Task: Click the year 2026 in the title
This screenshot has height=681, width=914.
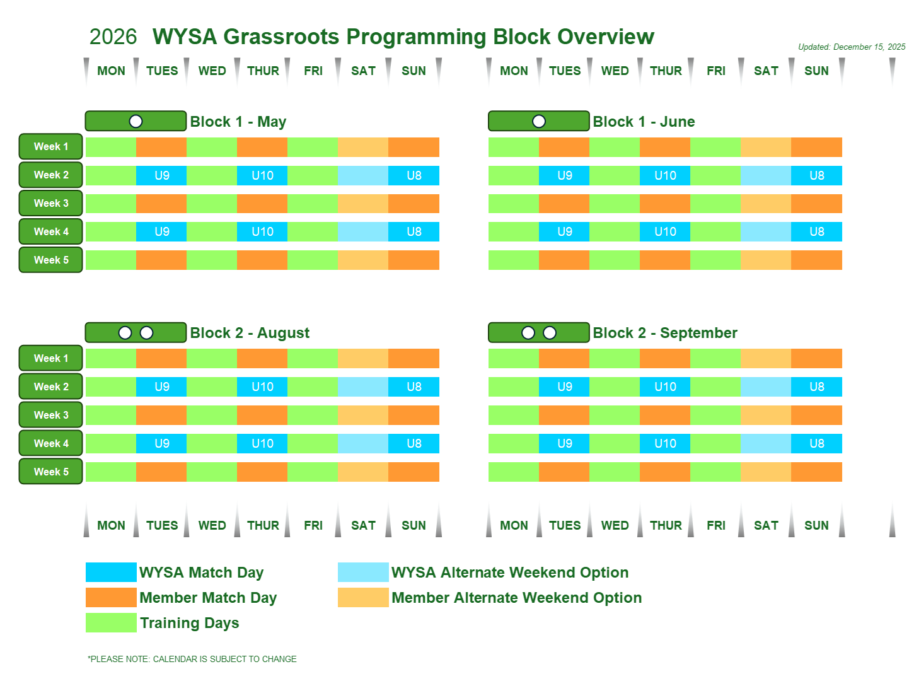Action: pyautogui.click(x=113, y=37)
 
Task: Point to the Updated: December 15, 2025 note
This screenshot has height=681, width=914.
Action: pyautogui.click(x=852, y=47)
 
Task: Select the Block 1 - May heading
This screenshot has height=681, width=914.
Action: pyautogui.click(x=238, y=122)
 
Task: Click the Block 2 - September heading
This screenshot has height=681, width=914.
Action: pyautogui.click(x=665, y=333)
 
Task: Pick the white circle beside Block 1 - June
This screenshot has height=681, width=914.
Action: pyautogui.click(x=539, y=121)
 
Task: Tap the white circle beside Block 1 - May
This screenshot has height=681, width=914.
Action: pyautogui.click(x=136, y=121)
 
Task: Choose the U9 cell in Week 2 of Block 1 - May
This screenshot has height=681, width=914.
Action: pyautogui.click(x=161, y=175)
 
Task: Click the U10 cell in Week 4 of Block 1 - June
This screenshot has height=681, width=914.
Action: pyautogui.click(x=665, y=231)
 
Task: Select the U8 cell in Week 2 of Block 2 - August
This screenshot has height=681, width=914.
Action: pyautogui.click(x=414, y=387)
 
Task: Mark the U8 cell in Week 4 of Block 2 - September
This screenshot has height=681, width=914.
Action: pyautogui.click(x=817, y=443)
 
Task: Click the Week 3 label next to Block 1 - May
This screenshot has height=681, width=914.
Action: pyautogui.click(x=51, y=203)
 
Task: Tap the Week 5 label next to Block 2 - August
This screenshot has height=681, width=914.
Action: pyautogui.click(x=51, y=472)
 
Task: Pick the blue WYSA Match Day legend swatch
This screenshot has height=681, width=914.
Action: pyautogui.click(x=111, y=572)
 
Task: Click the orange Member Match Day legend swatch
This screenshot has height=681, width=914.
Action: pyautogui.click(x=111, y=597)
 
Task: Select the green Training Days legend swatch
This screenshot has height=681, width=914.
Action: pyautogui.click(x=111, y=622)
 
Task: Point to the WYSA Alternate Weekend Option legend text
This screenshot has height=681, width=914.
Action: pyautogui.click(x=510, y=573)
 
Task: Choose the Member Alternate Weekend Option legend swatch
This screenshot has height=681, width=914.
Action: pyautogui.click(x=363, y=597)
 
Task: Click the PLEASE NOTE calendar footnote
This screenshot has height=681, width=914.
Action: pyautogui.click(x=192, y=659)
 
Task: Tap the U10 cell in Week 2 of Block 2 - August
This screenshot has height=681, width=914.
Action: pyautogui.click(x=262, y=387)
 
